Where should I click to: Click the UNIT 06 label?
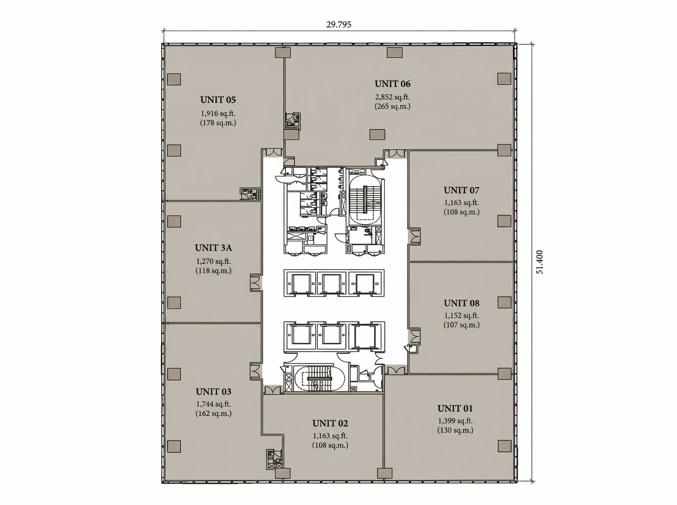[x=392, y=84]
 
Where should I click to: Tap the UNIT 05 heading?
[x=218, y=100]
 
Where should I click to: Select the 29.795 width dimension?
[x=339, y=25]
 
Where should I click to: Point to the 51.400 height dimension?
[x=540, y=262]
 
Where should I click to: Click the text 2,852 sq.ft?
[x=392, y=97]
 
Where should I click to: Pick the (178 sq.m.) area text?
[x=218, y=123]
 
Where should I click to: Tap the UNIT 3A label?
[x=214, y=248]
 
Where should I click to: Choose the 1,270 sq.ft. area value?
[x=214, y=261]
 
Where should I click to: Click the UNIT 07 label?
[x=462, y=190]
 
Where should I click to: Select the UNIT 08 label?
[x=462, y=303]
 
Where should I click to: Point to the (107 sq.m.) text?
[x=462, y=325]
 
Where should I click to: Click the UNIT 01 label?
[x=455, y=408]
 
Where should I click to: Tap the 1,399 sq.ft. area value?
[x=456, y=421]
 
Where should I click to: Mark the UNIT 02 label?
[x=330, y=423]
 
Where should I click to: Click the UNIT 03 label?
[x=214, y=392]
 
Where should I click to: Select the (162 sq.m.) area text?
[x=214, y=414]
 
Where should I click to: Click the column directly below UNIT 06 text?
[x=377, y=134]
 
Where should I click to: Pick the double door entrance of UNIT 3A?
[x=256, y=282]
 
